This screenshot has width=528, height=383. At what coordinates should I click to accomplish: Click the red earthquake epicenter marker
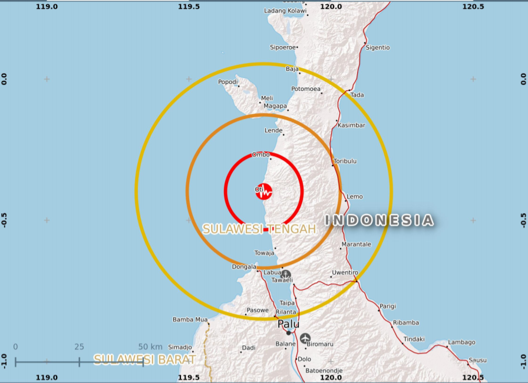[264, 191]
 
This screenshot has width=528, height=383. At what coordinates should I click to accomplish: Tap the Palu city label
[288, 324]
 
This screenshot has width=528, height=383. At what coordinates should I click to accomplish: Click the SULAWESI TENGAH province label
[259, 229]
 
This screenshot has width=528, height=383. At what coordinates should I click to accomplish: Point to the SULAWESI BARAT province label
[144, 359]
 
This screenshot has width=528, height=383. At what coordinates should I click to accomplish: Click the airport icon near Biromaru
[305, 338]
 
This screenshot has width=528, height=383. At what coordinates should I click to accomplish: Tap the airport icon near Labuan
[285, 273]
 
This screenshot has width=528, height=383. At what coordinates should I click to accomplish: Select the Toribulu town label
[345, 161]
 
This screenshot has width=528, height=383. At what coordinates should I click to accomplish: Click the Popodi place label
[228, 82]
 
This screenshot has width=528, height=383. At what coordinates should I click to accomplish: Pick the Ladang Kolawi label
[285, 11]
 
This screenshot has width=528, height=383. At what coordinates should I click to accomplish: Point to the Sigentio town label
[378, 47]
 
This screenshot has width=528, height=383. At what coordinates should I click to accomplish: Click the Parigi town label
[388, 306]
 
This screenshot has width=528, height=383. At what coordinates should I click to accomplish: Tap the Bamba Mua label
[190, 320]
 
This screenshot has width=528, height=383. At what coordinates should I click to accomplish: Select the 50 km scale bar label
[150, 346]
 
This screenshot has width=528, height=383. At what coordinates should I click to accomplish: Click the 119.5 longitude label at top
[189, 6]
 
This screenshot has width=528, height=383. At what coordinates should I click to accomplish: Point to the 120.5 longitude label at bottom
[473, 378]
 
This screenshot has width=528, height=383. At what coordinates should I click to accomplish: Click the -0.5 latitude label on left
[4, 220]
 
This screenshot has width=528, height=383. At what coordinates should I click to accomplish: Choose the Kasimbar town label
[352, 125]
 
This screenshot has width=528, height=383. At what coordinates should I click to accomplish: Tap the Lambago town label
[461, 342]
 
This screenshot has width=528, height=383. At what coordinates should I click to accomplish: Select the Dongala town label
[245, 266]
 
